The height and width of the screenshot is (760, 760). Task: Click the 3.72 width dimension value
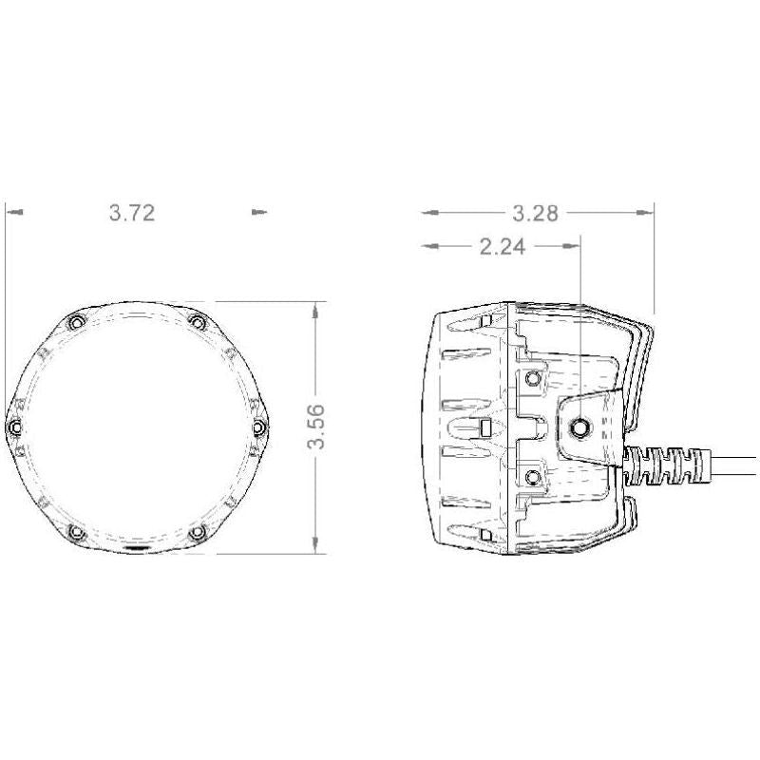(131, 213)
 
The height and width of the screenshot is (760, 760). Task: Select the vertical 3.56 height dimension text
(319, 427)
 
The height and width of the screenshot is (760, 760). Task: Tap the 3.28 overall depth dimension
(535, 213)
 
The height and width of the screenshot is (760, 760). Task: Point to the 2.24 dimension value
(503, 247)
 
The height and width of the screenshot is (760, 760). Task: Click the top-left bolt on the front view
(76, 323)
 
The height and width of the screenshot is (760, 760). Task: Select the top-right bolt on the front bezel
(197, 323)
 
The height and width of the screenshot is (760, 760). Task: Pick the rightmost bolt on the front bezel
(257, 428)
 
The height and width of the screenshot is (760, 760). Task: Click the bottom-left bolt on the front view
(76, 533)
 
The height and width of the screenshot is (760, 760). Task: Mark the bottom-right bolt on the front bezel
(197, 533)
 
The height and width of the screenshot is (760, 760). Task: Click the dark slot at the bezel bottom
(137, 549)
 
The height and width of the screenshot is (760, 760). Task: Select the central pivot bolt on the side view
(578, 429)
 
